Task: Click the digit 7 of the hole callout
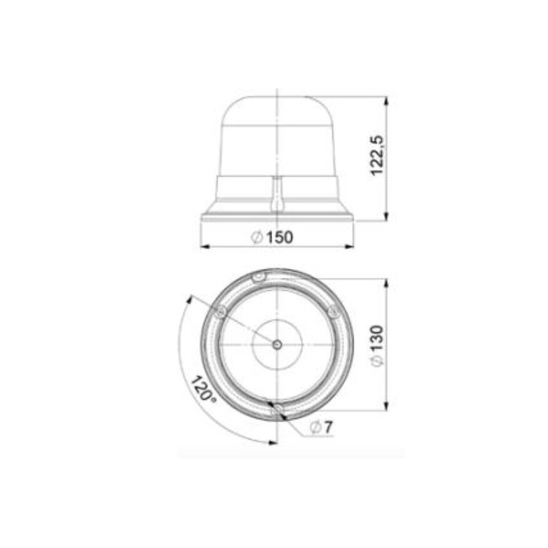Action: click(x=328, y=427)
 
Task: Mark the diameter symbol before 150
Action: click(x=256, y=238)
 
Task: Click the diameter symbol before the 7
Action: click(x=315, y=427)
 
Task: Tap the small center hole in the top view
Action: click(x=277, y=343)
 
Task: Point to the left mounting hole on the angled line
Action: click(x=218, y=311)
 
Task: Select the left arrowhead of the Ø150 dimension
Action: click(x=203, y=246)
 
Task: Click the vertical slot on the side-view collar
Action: click(x=276, y=194)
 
